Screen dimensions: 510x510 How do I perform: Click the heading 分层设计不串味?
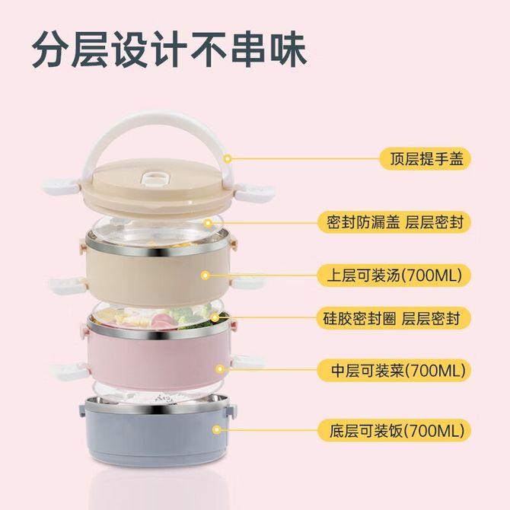169,49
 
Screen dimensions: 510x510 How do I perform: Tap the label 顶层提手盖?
426,159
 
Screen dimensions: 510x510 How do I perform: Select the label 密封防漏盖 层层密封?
394,222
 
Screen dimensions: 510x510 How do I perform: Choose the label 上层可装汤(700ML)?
394,276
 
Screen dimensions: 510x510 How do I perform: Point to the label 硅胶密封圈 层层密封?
394,318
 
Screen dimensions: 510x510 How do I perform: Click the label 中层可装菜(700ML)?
394,371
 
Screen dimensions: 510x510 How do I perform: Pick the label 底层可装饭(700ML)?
394,431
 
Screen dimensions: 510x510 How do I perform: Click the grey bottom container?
158,429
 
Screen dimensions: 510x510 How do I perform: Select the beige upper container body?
158,273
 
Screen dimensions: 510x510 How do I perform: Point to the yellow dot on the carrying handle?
228,159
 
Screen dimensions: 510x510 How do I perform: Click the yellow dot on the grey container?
216,430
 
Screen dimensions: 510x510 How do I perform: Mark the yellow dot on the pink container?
220,369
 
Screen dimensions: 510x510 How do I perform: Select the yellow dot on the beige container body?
205,276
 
